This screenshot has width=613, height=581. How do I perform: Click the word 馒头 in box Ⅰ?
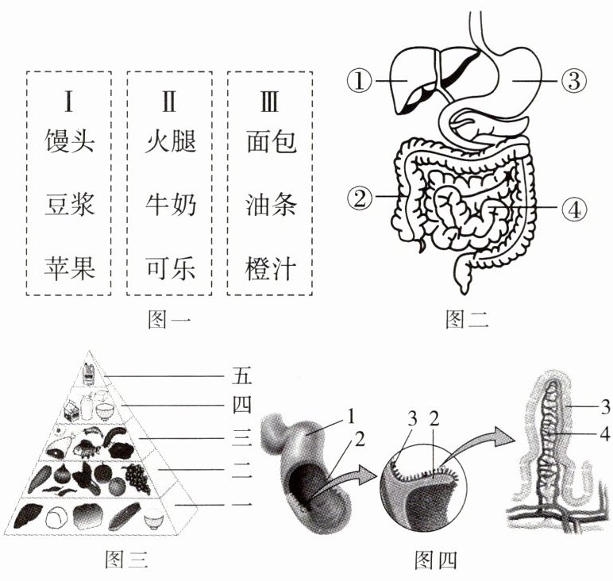[70, 141]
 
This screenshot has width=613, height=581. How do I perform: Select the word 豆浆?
[70, 205]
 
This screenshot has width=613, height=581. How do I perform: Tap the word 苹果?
[70, 269]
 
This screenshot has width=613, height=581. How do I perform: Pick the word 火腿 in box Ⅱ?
[171, 141]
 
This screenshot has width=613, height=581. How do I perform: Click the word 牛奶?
[171, 205]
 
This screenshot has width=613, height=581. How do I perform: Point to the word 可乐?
[171, 269]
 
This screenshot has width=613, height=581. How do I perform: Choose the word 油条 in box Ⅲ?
[271, 205]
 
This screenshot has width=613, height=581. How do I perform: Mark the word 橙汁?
[271, 269]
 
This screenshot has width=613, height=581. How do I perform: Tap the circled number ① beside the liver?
[360, 81]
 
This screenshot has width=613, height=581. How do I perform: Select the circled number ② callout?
[360, 197]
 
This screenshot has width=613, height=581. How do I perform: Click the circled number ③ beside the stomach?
[573, 81]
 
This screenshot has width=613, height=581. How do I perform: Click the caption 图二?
[467, 319]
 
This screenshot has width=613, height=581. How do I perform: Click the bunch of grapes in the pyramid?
[137, 479]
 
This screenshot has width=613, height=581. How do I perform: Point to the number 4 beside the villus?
[605, 433]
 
